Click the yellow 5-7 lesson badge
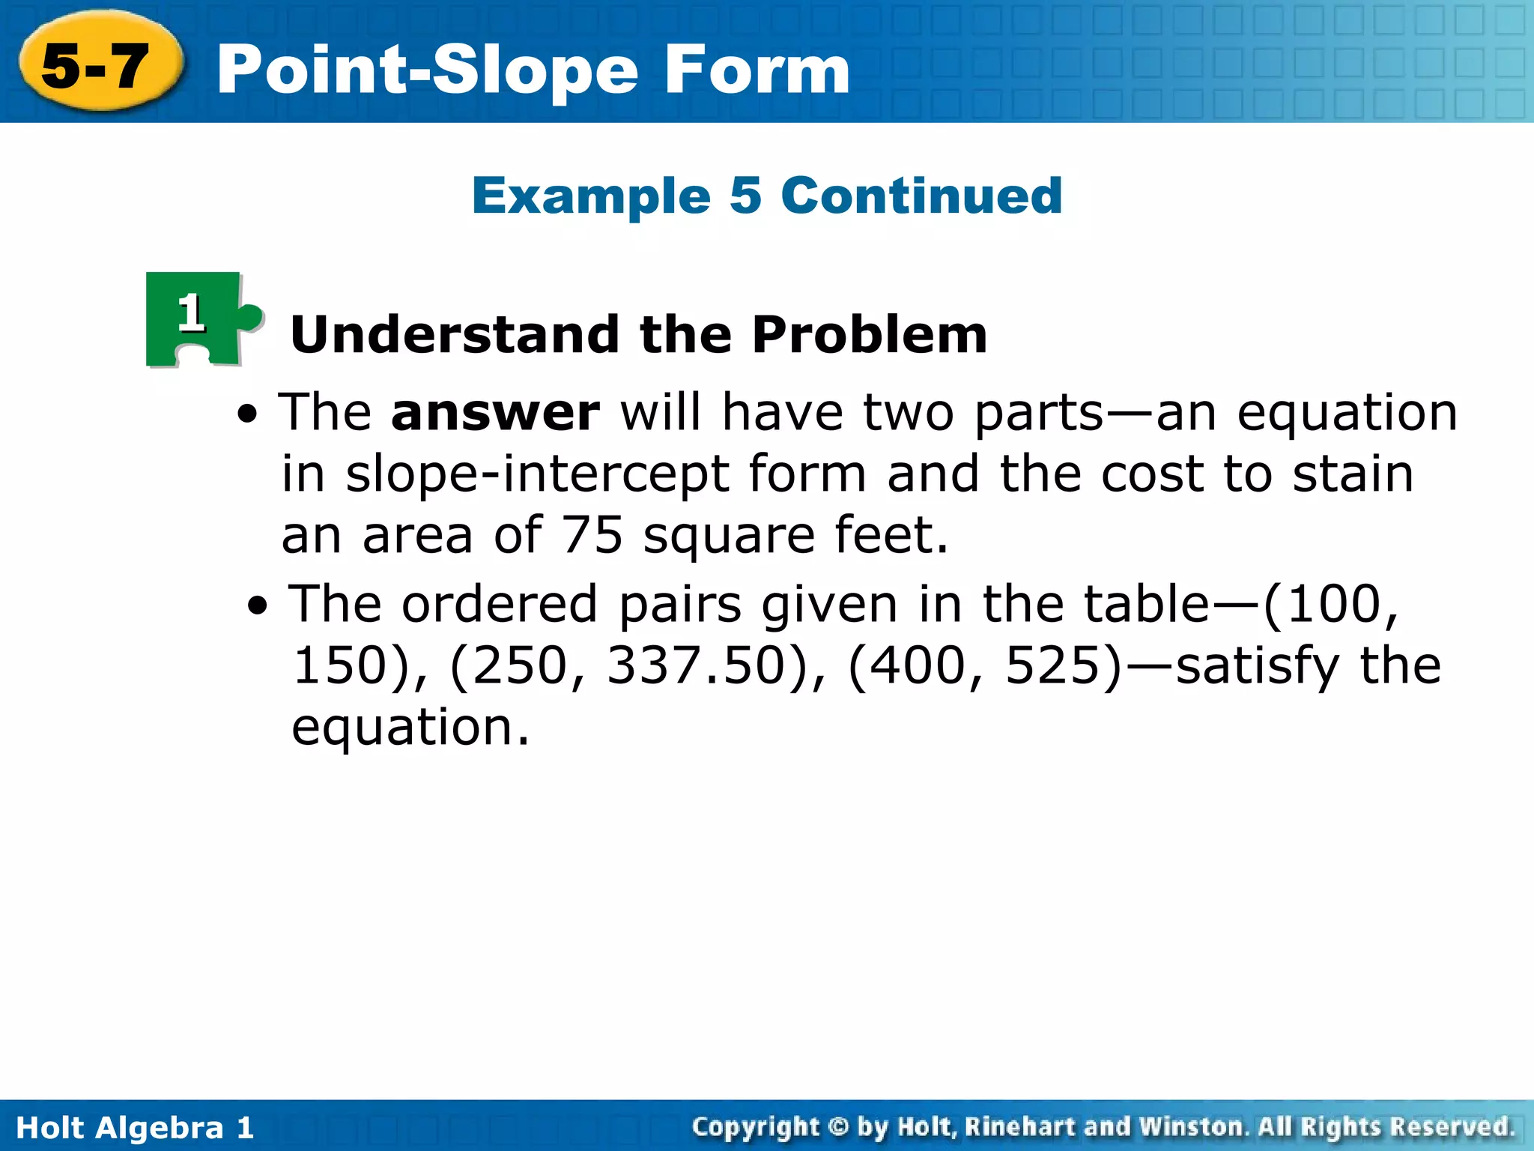pos(97,66)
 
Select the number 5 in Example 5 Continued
pos(745,196)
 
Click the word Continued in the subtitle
pos(921,196)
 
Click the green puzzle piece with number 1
pos(198,318)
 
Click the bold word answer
pos(495,414)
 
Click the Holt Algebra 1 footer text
pos(135,1128)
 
